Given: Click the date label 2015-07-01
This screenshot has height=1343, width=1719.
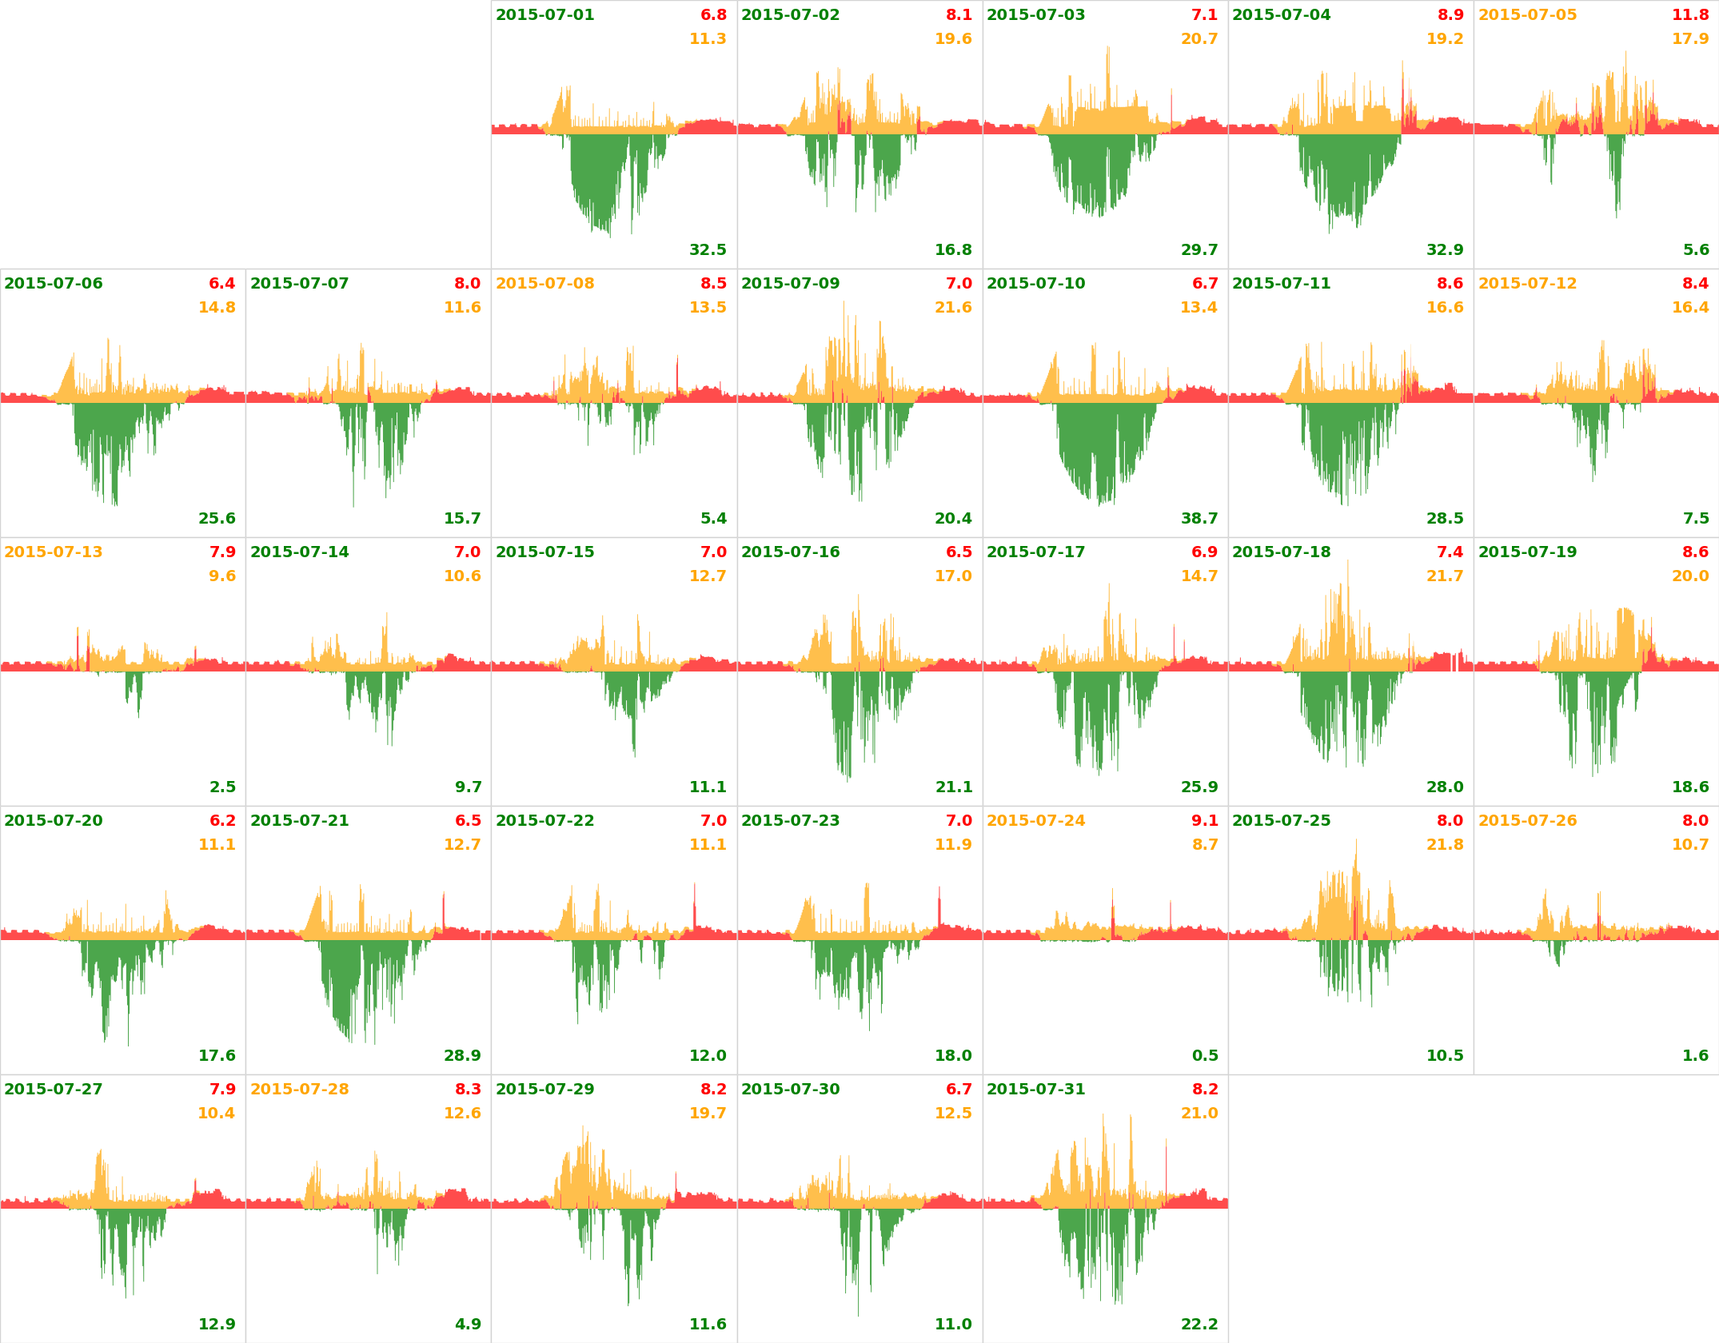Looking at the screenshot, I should [x=544, y=15].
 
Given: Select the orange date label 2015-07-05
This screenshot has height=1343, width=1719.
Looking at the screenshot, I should [x=1527, y=15].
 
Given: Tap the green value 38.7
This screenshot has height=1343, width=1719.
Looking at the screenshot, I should [x=1199, y=519].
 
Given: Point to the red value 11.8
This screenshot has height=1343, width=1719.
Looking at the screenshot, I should [x=1690, y=15].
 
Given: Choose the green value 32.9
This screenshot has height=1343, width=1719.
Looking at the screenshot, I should [x=1445, y=250].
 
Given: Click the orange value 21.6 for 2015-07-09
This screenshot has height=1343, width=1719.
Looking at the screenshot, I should [x=953, y=308].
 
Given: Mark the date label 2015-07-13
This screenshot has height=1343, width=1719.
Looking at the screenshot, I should [x=54, y=552].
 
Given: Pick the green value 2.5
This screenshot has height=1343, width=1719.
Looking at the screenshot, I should [x=222, y=787].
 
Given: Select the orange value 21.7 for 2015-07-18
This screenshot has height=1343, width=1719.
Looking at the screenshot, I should [x=1445, y=576].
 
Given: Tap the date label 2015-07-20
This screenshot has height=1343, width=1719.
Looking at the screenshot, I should [x=54, y=821].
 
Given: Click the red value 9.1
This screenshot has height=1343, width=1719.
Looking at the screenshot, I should [x=1205, y=821].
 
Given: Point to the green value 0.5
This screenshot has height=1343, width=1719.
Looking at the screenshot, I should [x=1205, y=1056].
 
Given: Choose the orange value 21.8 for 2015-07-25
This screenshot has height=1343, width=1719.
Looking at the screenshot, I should [x=1445, y=845].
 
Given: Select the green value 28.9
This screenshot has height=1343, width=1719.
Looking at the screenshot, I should [x=462, y=1056].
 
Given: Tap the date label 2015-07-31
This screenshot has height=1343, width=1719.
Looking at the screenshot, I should [x=1035, y=1090].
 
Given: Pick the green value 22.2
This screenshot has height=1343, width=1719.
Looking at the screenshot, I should [x=1199, y=1325].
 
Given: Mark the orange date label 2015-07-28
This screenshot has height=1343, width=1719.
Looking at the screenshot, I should [x=299, y=1090].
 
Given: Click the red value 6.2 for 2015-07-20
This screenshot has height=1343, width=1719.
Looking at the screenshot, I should [x=222, y=821].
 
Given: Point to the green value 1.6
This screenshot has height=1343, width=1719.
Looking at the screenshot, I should [x=1696, y=1056].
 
